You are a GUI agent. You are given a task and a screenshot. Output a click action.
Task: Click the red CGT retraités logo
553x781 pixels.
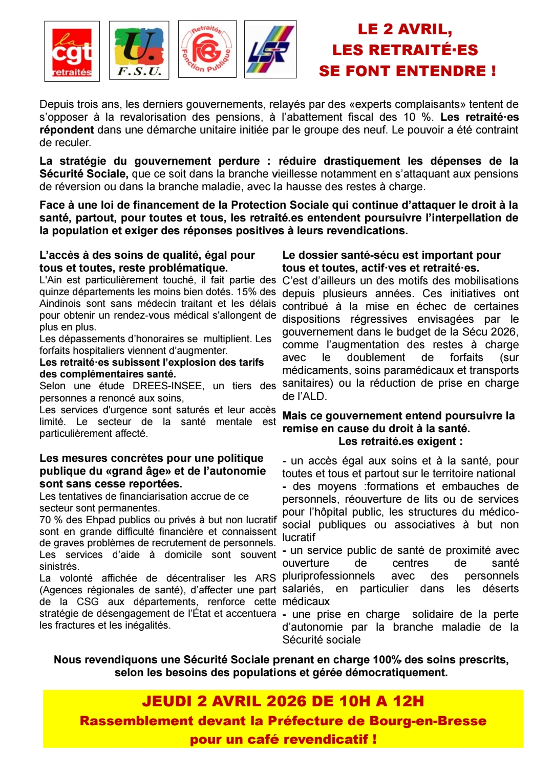pos(72,51)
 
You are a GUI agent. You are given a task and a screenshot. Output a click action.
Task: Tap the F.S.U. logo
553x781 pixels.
pos(139,50)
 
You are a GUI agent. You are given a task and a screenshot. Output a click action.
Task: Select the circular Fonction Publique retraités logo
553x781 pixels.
pos(207,49)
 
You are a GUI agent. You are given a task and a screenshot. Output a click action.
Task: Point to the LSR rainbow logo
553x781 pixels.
pos(270,50)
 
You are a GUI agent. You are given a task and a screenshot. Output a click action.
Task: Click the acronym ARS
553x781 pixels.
pos(265,578)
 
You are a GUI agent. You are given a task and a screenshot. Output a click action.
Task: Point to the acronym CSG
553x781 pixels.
pos(88,602)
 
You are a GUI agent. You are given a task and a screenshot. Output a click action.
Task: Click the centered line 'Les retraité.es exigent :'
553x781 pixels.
pos(400,441)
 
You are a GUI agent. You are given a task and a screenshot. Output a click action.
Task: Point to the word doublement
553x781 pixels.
pos(376,358)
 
